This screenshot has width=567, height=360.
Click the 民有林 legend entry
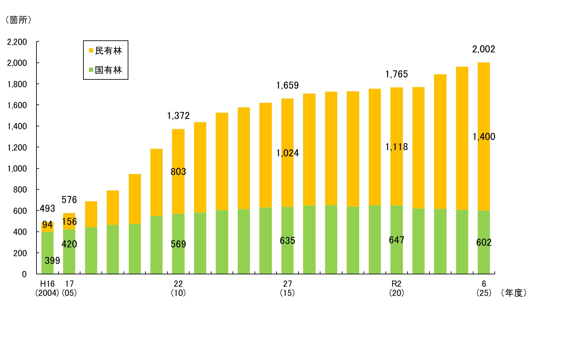tap(106, 51)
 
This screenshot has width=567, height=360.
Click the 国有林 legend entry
tap(106, 70)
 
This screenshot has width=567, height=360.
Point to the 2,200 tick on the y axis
tap(17, 42)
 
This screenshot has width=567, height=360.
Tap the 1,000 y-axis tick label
tap(17, 169)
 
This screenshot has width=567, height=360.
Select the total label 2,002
tap(484, 49)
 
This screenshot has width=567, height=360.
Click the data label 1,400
tap(484, 137)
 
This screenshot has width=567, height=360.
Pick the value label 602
tap(484, 243)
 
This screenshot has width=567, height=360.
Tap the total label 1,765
tap(396, 74)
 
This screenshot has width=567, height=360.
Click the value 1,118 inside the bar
tap(396, 147)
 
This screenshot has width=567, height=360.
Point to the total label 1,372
tap(178, 116)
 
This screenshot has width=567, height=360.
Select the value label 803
tap(178, 172)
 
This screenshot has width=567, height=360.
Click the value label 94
tap(47, 225)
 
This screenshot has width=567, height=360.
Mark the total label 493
tap(47, 208)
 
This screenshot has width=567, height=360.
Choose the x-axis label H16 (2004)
tap(47, 288)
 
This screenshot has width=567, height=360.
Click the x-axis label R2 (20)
tap(396, 288)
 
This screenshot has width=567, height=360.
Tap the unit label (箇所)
tap(18, 20)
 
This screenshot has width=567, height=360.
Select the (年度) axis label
tap(514, 293)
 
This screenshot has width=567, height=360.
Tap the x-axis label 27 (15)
tap(287, 288)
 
